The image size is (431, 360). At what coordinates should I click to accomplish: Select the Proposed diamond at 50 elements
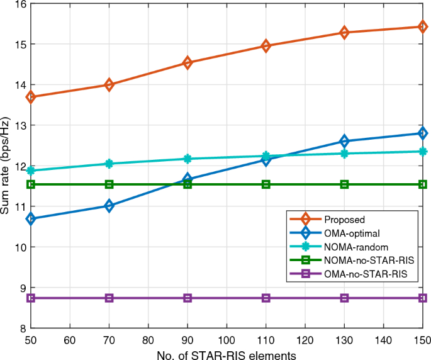(30, 97)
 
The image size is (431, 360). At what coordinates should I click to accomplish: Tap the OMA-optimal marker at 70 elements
(109, 206)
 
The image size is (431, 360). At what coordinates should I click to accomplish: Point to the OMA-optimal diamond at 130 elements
(344, 141)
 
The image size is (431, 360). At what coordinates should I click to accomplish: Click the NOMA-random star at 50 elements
(30, 171)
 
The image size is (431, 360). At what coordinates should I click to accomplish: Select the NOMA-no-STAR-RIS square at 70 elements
(109, 184)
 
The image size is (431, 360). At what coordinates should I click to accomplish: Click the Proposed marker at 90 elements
(188, 62)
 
